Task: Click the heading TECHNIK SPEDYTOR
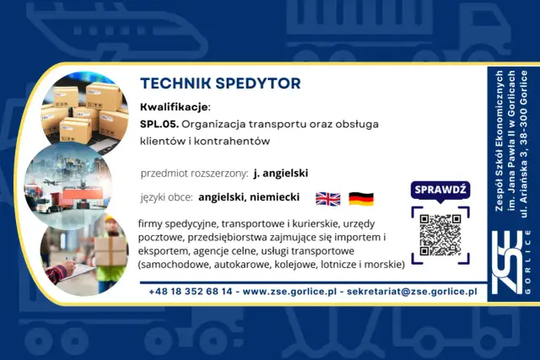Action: (x=220, y=84)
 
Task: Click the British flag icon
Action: (x=327, y=199)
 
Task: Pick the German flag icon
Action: (x=361, y=199)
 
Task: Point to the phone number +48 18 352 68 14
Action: (x=190, y=291)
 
